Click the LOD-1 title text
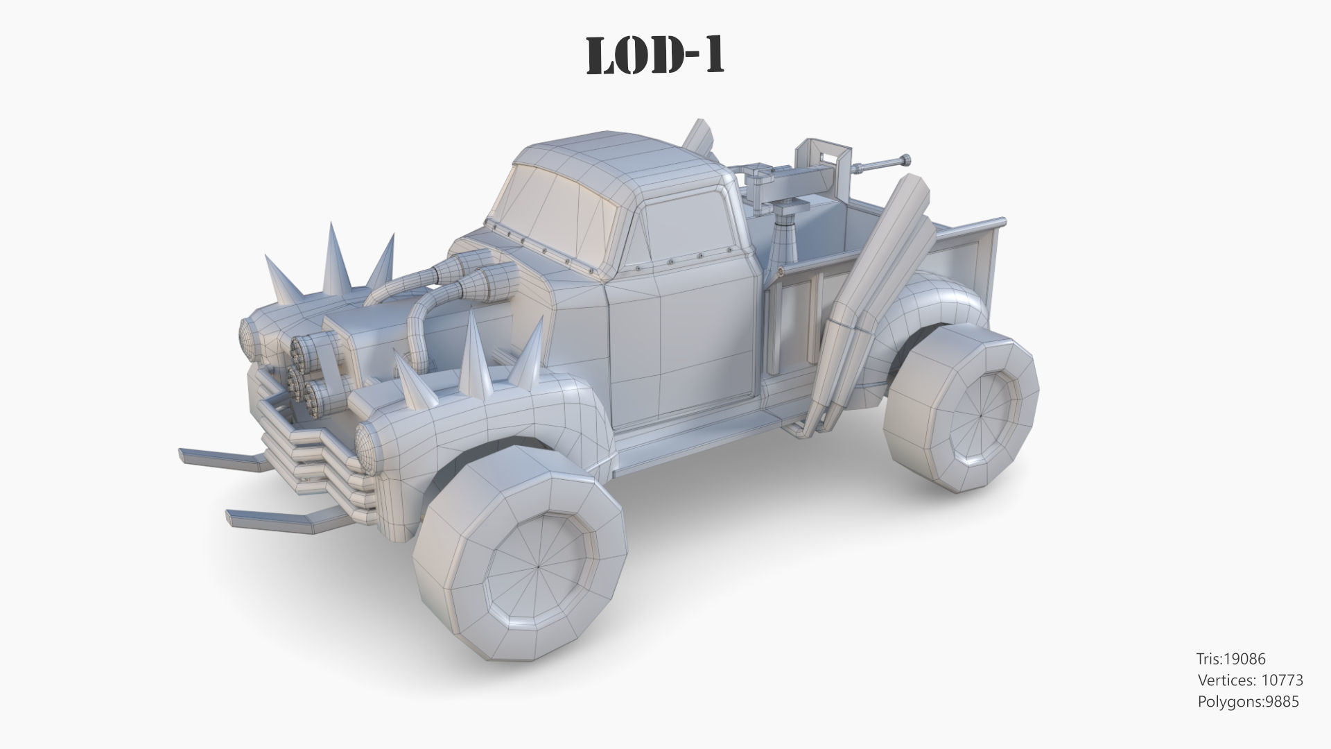pyautogui.click(x=655, y=55)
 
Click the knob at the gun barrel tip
pyautogui.click(x=906, y=160)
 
